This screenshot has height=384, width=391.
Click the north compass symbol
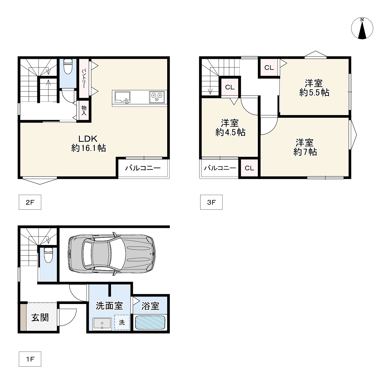coord(362,28)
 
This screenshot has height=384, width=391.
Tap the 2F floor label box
coord(30,202)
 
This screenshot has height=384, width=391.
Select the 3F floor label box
coord(211,202)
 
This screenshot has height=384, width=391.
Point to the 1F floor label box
coord(30,359)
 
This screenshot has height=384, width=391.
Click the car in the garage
coord(112,254)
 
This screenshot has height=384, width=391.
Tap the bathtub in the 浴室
coord(150,323)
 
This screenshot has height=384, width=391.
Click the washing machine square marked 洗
coord(122,322)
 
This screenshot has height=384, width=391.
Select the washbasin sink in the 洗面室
coord(102,323)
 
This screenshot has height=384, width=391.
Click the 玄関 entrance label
coord(40,318)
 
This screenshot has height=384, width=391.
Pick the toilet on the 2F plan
coord(68,67)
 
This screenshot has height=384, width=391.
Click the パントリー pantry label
coord(84,79)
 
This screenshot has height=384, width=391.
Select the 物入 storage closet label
coord(84,111)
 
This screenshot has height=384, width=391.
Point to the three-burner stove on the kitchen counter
coord(157,97)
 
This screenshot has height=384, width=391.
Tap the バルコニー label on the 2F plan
coord(143,168)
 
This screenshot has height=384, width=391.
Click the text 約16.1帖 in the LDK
coord(89,148)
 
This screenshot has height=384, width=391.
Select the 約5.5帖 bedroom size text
coord(314,92)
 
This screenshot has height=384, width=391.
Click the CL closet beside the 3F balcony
coord(249,168)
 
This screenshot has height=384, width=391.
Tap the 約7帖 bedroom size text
coord(305,152)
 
